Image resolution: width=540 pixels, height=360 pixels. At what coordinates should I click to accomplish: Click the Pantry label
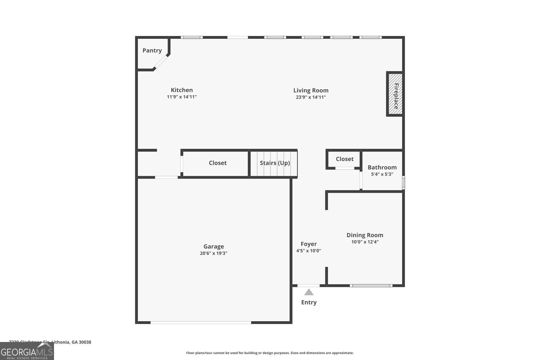point(152,50)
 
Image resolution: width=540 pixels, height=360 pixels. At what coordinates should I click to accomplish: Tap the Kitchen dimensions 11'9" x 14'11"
point(182,97)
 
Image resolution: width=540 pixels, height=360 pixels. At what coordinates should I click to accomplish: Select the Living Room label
point(311,90)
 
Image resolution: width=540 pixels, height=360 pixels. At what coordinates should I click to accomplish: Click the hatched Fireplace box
point(395,94)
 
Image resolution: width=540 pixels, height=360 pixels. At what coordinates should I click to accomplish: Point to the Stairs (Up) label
point(275,163)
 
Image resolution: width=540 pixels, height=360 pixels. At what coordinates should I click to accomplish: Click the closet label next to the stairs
point(217,163)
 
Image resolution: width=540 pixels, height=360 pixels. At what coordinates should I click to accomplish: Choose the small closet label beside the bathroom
point(345,159)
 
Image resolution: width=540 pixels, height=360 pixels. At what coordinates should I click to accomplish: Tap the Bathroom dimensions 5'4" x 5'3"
point(382,174)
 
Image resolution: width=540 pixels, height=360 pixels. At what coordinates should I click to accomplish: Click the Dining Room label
point(365,235)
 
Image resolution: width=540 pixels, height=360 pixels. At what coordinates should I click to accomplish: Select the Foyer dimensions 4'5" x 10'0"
point(309,251)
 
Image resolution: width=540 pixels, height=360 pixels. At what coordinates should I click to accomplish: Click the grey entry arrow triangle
point(309,292)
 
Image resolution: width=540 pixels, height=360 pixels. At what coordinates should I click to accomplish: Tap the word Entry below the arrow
point(309,302)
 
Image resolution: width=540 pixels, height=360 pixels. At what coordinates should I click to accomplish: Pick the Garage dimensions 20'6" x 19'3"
point(213,253)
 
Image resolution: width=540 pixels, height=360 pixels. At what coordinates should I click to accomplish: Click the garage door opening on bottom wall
point(201,322)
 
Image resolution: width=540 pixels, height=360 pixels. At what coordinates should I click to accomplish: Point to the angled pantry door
point(161,62)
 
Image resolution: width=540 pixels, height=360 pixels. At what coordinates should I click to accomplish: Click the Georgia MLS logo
point(27,351)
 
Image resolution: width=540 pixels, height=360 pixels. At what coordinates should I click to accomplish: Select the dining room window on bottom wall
point(371,285)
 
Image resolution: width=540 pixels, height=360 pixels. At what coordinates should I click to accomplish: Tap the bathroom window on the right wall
point(403,182)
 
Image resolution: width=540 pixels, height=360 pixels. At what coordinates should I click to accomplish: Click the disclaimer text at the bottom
point(270,353)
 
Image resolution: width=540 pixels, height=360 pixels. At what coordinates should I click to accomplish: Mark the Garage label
point(213,247)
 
